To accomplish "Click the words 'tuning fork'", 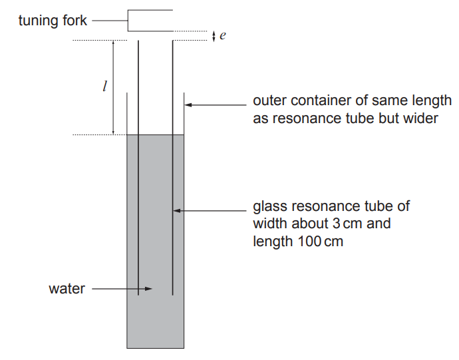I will point(53,21).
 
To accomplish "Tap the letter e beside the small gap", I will point(223,37).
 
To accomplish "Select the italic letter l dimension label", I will point(103,87).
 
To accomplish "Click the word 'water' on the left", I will point(67,289).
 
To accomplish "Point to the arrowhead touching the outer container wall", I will point(188,104).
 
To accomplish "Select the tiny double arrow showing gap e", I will point(213,37).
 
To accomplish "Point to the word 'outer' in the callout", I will point(269,101).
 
